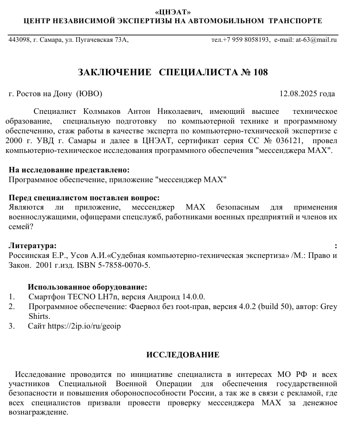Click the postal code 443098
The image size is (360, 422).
[18, 40]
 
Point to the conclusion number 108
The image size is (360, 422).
[260, 73]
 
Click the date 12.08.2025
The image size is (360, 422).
[297, 94]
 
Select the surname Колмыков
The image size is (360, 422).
[102, 112]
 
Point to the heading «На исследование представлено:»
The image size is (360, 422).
[69, 171]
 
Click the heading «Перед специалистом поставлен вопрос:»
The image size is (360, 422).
[84, 198]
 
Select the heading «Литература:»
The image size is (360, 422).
[33, 245]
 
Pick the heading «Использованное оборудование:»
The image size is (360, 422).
[88, 287]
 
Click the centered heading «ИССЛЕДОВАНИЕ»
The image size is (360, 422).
[183, 355]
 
